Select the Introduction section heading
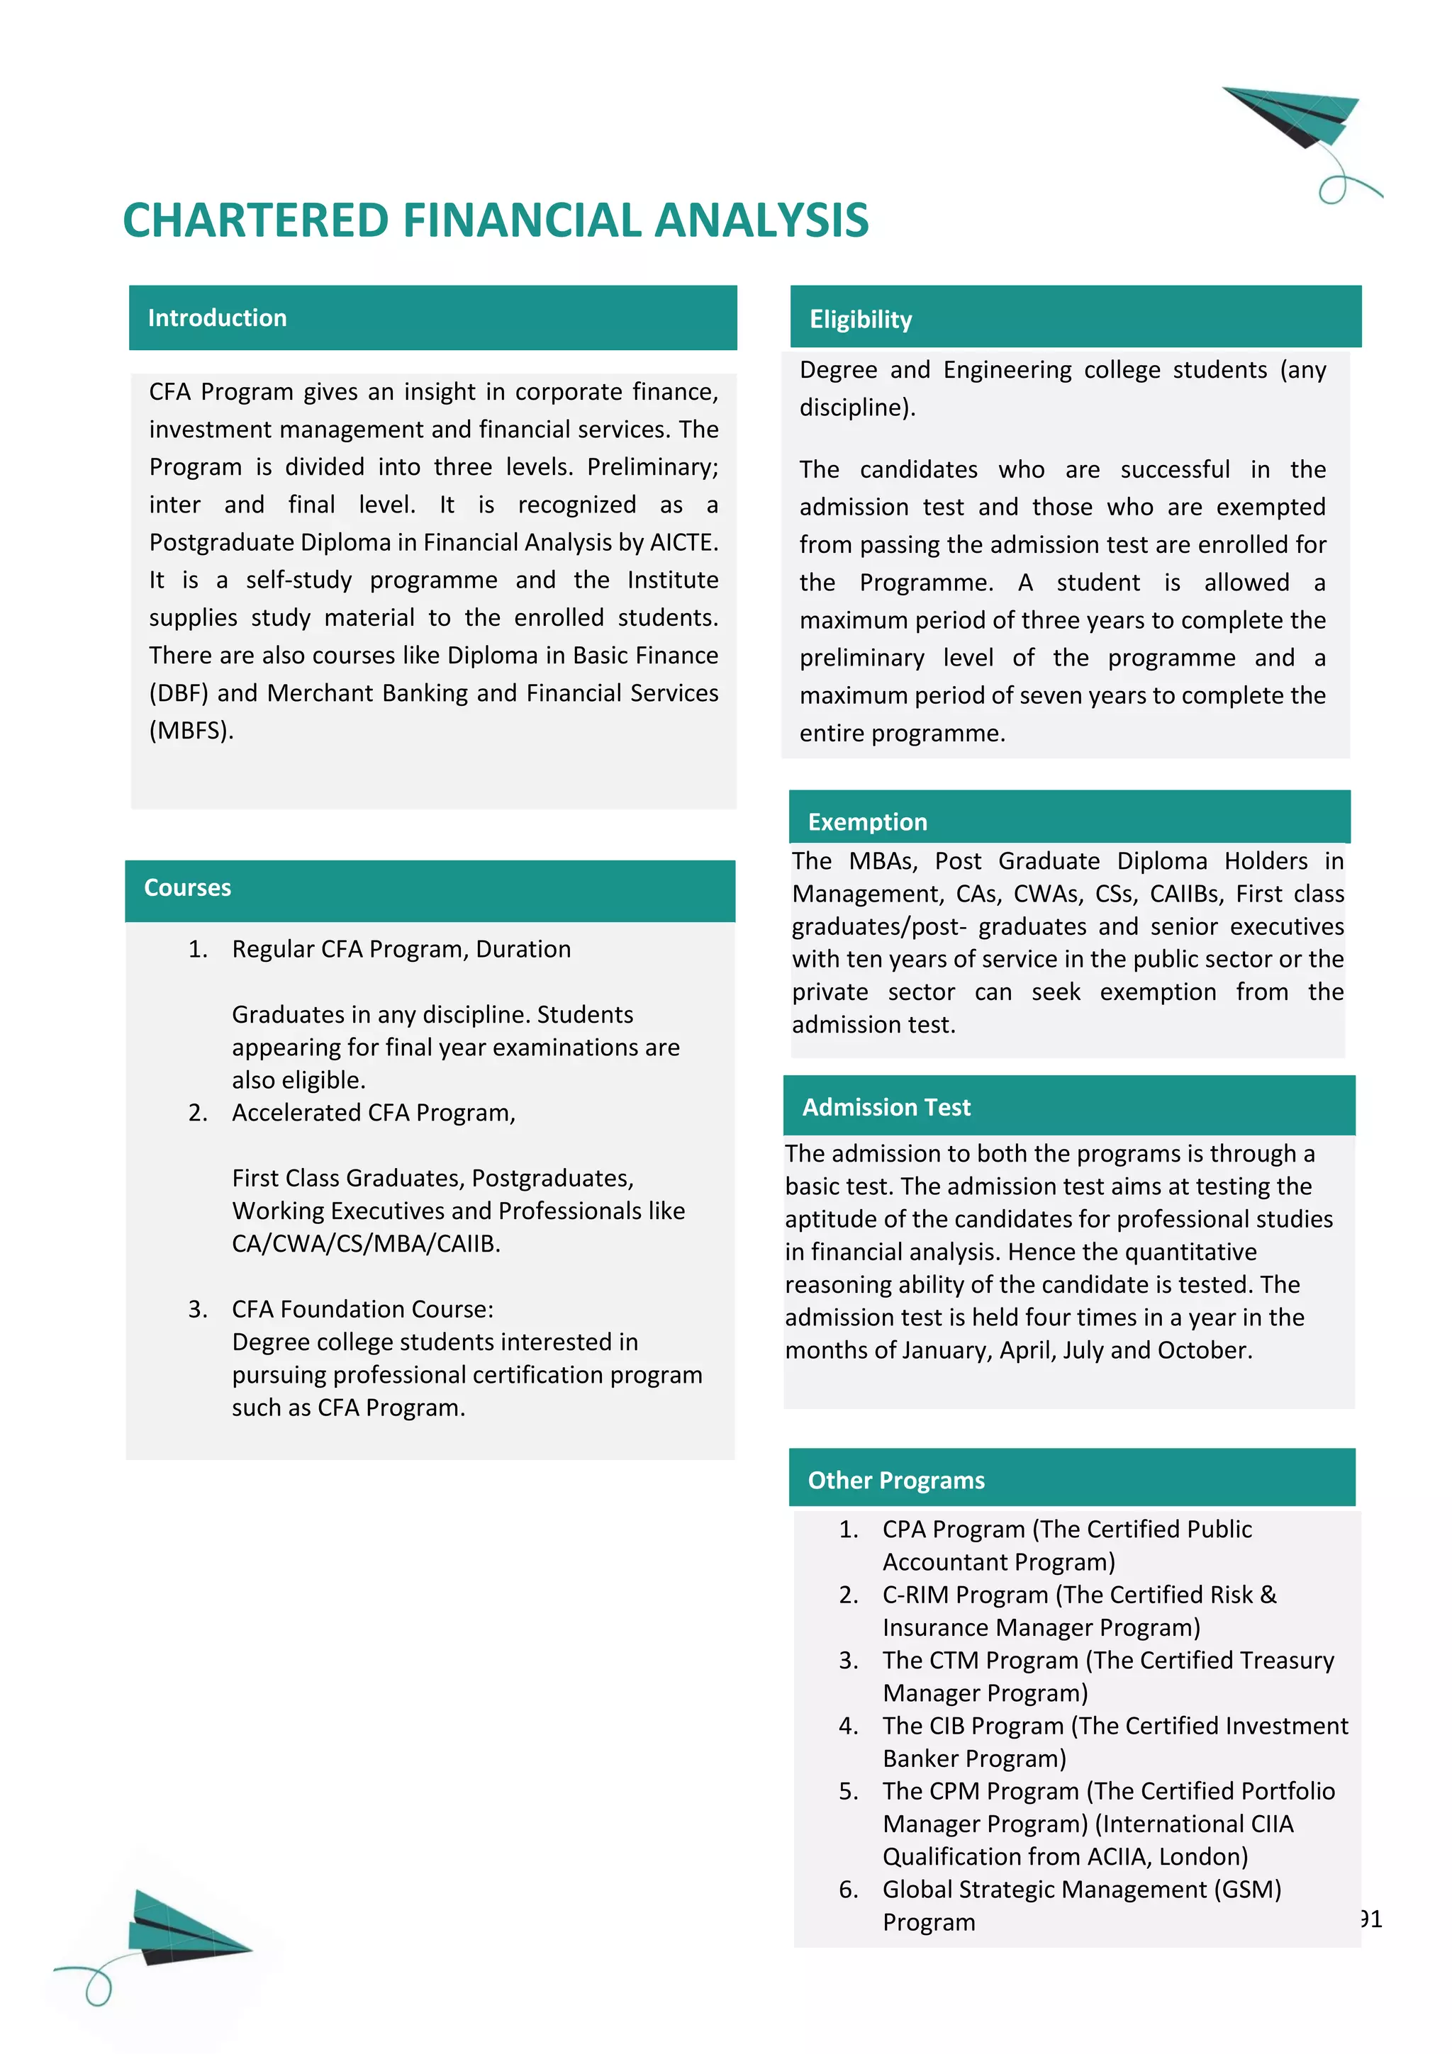[218, 318]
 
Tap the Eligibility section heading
[860, 320]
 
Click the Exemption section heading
[867, 821]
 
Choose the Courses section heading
[187, 887]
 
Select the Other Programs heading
[895, 1480]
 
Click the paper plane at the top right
[1297, 116]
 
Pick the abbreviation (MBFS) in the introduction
[191, 731]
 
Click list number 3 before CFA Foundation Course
[198, 1310]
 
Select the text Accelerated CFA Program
[373, 1113]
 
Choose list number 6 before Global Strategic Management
[848, 1890]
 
